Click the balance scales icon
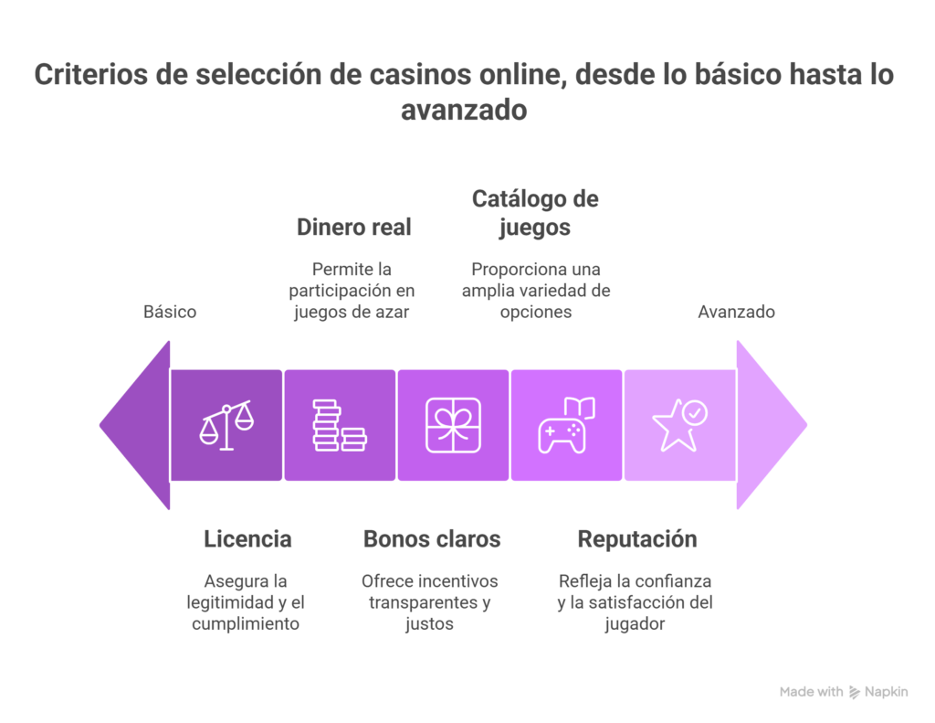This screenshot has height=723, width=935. [x=226, y=425]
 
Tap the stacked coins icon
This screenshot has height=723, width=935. [x=340, y=425]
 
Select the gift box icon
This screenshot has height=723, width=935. [x=454, y=425]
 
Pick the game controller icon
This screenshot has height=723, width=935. [x=566, y=425]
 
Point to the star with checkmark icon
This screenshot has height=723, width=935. [x=679, y=425]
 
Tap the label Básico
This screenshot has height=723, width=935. [x=170, y=312]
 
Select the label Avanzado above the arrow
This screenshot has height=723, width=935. [x=737, y=312]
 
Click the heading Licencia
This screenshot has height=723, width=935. [x=248, y=539]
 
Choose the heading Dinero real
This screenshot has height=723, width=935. [x=353, y=228]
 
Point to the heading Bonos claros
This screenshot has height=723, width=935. [x=432, y=539]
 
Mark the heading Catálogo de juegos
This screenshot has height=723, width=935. [x=535, y=212]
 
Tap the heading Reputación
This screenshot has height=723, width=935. [x=637, y=539]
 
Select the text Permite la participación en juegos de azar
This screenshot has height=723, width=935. [x=353, y=290]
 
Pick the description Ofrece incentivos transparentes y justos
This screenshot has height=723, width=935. [x=430, y=602]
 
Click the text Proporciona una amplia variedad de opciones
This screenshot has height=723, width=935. [x=536, y=290]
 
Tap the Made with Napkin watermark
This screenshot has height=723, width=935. [x=844, y=692]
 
